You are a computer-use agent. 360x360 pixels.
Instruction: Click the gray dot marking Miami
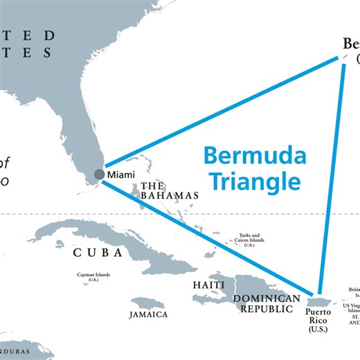click(100, 174)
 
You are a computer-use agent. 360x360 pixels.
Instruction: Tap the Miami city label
click(121, 174)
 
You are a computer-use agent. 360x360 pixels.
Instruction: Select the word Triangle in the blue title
click(256, 181)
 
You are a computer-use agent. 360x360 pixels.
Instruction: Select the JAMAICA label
click(148, 315)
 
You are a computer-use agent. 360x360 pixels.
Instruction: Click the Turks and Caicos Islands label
click(249, 240)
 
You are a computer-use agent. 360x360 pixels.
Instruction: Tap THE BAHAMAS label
click(170, 191)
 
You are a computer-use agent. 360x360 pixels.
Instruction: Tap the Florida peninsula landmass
click(83, 138)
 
